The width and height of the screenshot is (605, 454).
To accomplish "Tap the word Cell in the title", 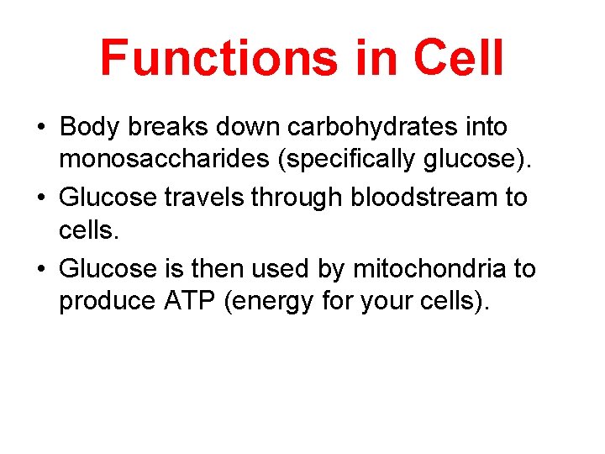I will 457,57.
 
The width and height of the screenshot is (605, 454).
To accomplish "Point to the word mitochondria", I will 429,269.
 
